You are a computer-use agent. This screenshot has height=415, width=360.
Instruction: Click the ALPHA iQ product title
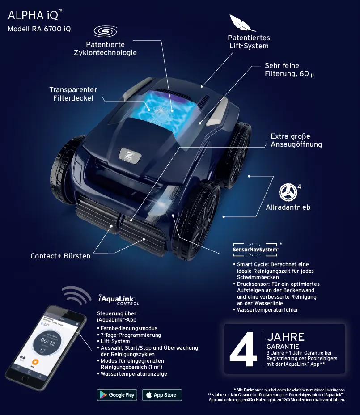(33, 15)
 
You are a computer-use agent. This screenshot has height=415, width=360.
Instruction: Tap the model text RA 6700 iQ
(39, 29)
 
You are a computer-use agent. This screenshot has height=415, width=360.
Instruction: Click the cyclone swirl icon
(105, 32)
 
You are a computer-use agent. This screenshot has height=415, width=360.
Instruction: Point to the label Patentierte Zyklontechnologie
(105, 49)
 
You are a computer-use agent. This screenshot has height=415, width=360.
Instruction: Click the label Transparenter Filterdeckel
(73, 94)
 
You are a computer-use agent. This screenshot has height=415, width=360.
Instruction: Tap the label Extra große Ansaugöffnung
(296, 140)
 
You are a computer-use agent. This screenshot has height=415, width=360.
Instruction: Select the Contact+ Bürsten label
(60, 256)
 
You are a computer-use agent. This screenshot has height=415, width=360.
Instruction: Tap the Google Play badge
(117, 395)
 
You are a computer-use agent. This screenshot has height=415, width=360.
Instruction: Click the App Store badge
(162, 395)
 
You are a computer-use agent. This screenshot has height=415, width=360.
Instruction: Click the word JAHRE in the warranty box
(286, 337)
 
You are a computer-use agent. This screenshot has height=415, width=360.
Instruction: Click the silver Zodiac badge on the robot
(130, 154)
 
